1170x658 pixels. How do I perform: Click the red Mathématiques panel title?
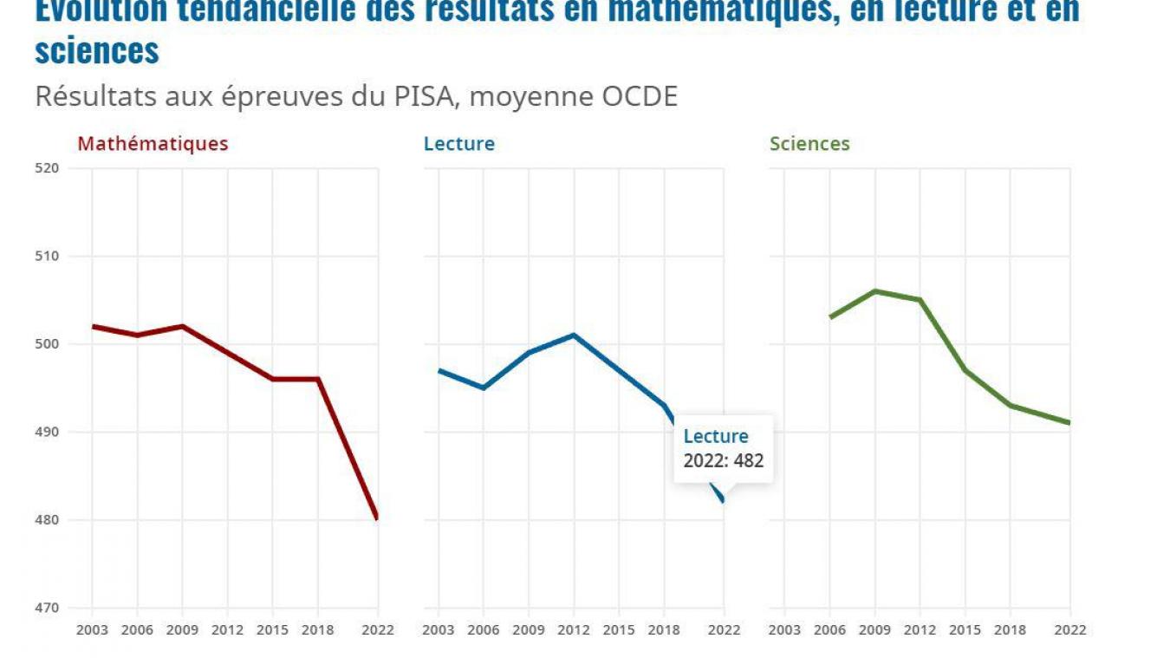click(153, 144)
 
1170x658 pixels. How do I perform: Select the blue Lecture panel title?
click(458, 144)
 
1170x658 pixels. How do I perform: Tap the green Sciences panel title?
click(809, 144)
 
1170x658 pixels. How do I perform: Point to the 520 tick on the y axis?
click(47, 168)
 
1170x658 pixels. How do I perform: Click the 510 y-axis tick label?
click(47, 257)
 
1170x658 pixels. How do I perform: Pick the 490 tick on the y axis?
click(47, 432)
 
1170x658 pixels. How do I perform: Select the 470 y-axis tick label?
click(47, 608)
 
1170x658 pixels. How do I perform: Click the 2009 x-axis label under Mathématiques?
click(182, 630)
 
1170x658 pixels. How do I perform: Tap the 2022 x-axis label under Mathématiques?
click(378, 630)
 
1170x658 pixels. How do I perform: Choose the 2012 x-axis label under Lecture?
click(574, 630)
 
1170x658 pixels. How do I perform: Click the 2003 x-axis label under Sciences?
click(784, 630)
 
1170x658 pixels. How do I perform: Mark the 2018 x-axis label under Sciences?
click(1011, 630)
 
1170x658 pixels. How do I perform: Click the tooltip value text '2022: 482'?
click(724, 461)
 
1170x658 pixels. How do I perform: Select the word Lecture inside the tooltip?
click(716, 436)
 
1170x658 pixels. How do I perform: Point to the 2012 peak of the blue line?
click(574, 335)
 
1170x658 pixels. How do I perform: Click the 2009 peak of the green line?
click(875, 291)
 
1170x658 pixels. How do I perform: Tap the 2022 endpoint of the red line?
click(377, 518)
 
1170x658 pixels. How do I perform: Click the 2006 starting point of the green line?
click(830, 317)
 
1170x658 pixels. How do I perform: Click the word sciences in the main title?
click(97, 51)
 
